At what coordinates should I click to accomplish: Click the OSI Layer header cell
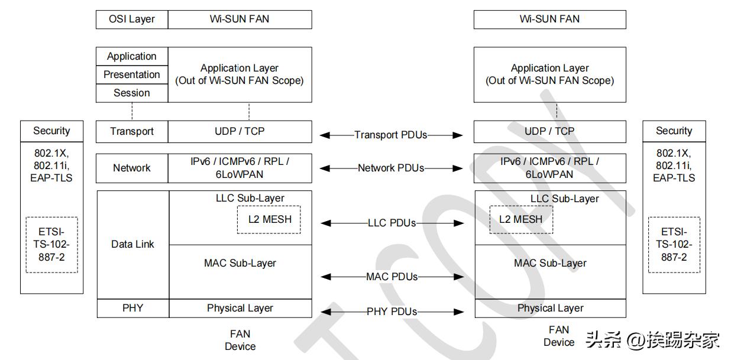point(132,19)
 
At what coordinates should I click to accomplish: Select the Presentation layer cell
point(132,74)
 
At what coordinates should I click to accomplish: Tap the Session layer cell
point(132,93)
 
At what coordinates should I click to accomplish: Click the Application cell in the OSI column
point(132,56)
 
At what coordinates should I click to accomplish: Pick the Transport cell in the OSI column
point(132,131)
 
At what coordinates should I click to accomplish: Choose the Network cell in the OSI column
point(132,168)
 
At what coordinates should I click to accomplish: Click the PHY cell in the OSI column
point(132,308)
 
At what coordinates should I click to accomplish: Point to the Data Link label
point(132,244)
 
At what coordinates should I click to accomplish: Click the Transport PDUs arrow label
point(391,135)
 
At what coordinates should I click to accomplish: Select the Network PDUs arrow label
point(391,168)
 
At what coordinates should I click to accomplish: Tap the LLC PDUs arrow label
point(392,223)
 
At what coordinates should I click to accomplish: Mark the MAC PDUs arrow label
point(392,276)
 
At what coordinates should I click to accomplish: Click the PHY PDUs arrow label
point(392,312)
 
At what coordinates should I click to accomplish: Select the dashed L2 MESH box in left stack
point(269,219)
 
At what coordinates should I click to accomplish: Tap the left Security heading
point(51,131)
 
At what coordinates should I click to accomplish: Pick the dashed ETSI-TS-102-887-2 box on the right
point(674,245)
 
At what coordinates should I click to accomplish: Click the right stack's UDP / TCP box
point(549,131)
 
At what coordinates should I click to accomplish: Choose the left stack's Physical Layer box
point(240,308)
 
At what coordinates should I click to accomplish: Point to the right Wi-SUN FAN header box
point(549,19)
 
